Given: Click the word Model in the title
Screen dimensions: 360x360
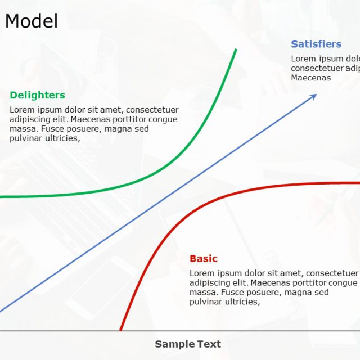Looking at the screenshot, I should pyautogui.click(x=31, y=21).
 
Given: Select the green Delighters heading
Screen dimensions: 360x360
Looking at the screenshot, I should pyautogui.click(x=37, y=96).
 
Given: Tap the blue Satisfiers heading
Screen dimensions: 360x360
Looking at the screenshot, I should pyautogui.click(x=316, y=44).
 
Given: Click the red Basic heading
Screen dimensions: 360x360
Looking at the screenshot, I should pyautogui.click(x=204, y=259).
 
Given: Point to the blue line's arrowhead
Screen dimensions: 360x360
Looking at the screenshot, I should pyautogui.click(x=314, y=96).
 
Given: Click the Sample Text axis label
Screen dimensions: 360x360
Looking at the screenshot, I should pyautogui.click(x=188, y=344).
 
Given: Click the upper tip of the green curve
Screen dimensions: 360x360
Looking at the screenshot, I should pyautogui.click(x=236, y=49).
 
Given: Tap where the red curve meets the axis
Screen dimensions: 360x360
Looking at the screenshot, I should pyautogui.click(x=120, y=330).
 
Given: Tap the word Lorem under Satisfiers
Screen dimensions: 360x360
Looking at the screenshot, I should pyautogui.click(x=303, y=59).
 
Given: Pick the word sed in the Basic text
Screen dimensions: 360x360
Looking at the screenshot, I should pyautogui.click(x=322, y=292).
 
